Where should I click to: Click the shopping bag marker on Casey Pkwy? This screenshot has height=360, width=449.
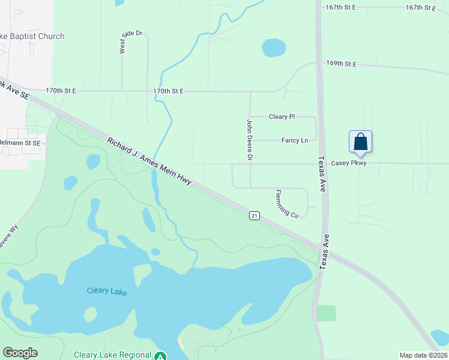click(360, 142)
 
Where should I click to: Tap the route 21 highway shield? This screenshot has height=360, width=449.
click(255, 215)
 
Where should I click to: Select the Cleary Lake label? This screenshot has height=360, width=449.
click(106, 291)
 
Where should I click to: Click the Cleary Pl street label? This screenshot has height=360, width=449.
click(282, 116)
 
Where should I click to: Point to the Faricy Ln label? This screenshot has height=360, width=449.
click(294, 140)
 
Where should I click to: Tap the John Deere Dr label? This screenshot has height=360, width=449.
click(250, 139)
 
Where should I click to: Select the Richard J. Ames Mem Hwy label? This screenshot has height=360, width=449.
click(149, 161)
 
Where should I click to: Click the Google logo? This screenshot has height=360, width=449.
click(20, 353)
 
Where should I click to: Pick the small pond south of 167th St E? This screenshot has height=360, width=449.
click(274, 47)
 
